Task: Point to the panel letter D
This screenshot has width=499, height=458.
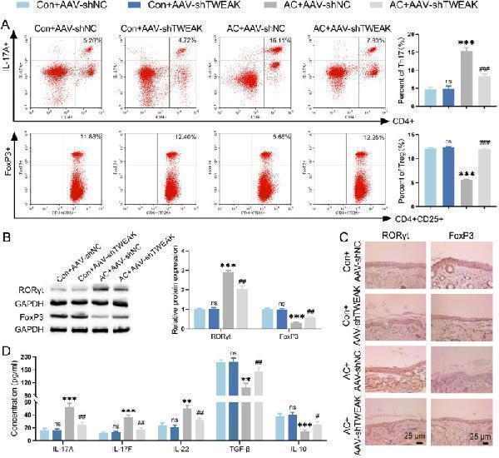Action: tap(7, 342)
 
